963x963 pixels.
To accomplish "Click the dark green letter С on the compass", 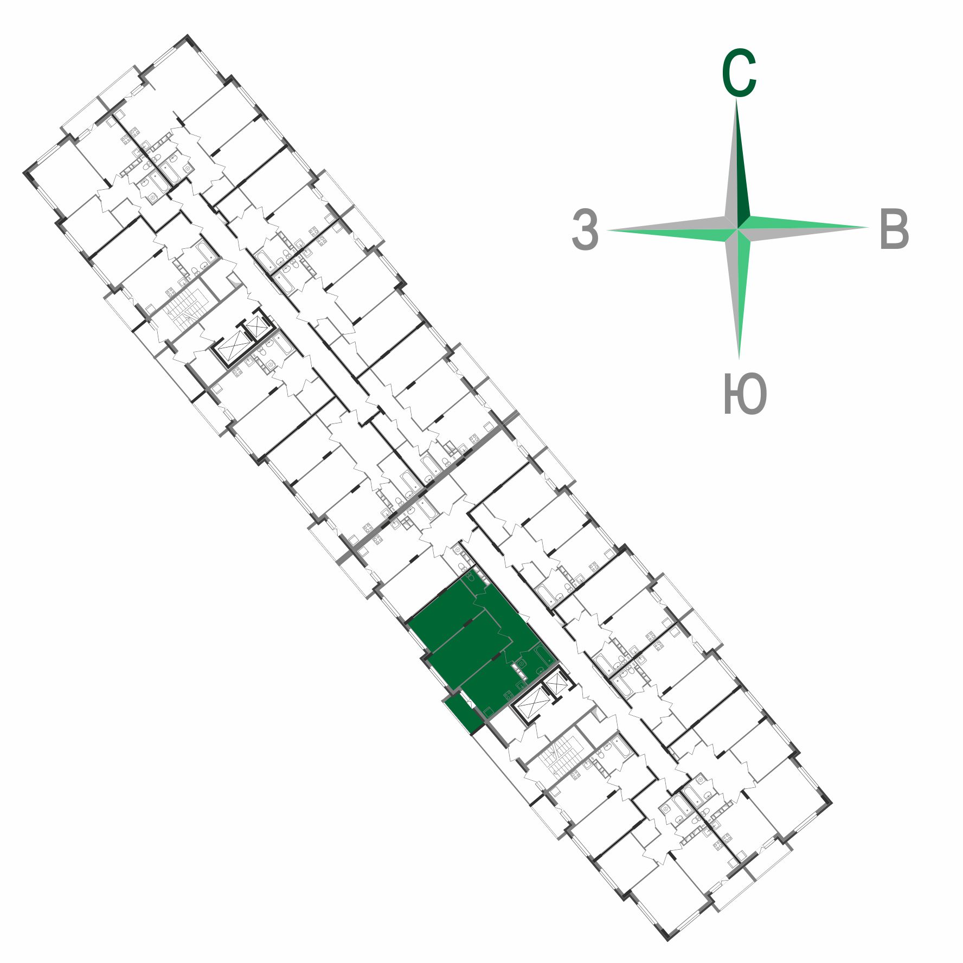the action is tap(739, 74).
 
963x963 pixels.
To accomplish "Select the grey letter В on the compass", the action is tap(894, 229).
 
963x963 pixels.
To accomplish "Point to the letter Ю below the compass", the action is tap(745, 394).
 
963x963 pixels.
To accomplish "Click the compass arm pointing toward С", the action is tap(737, 163).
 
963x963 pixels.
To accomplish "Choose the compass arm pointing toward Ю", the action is tap(739, 293).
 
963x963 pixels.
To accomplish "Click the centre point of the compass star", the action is tap(738, 228).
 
